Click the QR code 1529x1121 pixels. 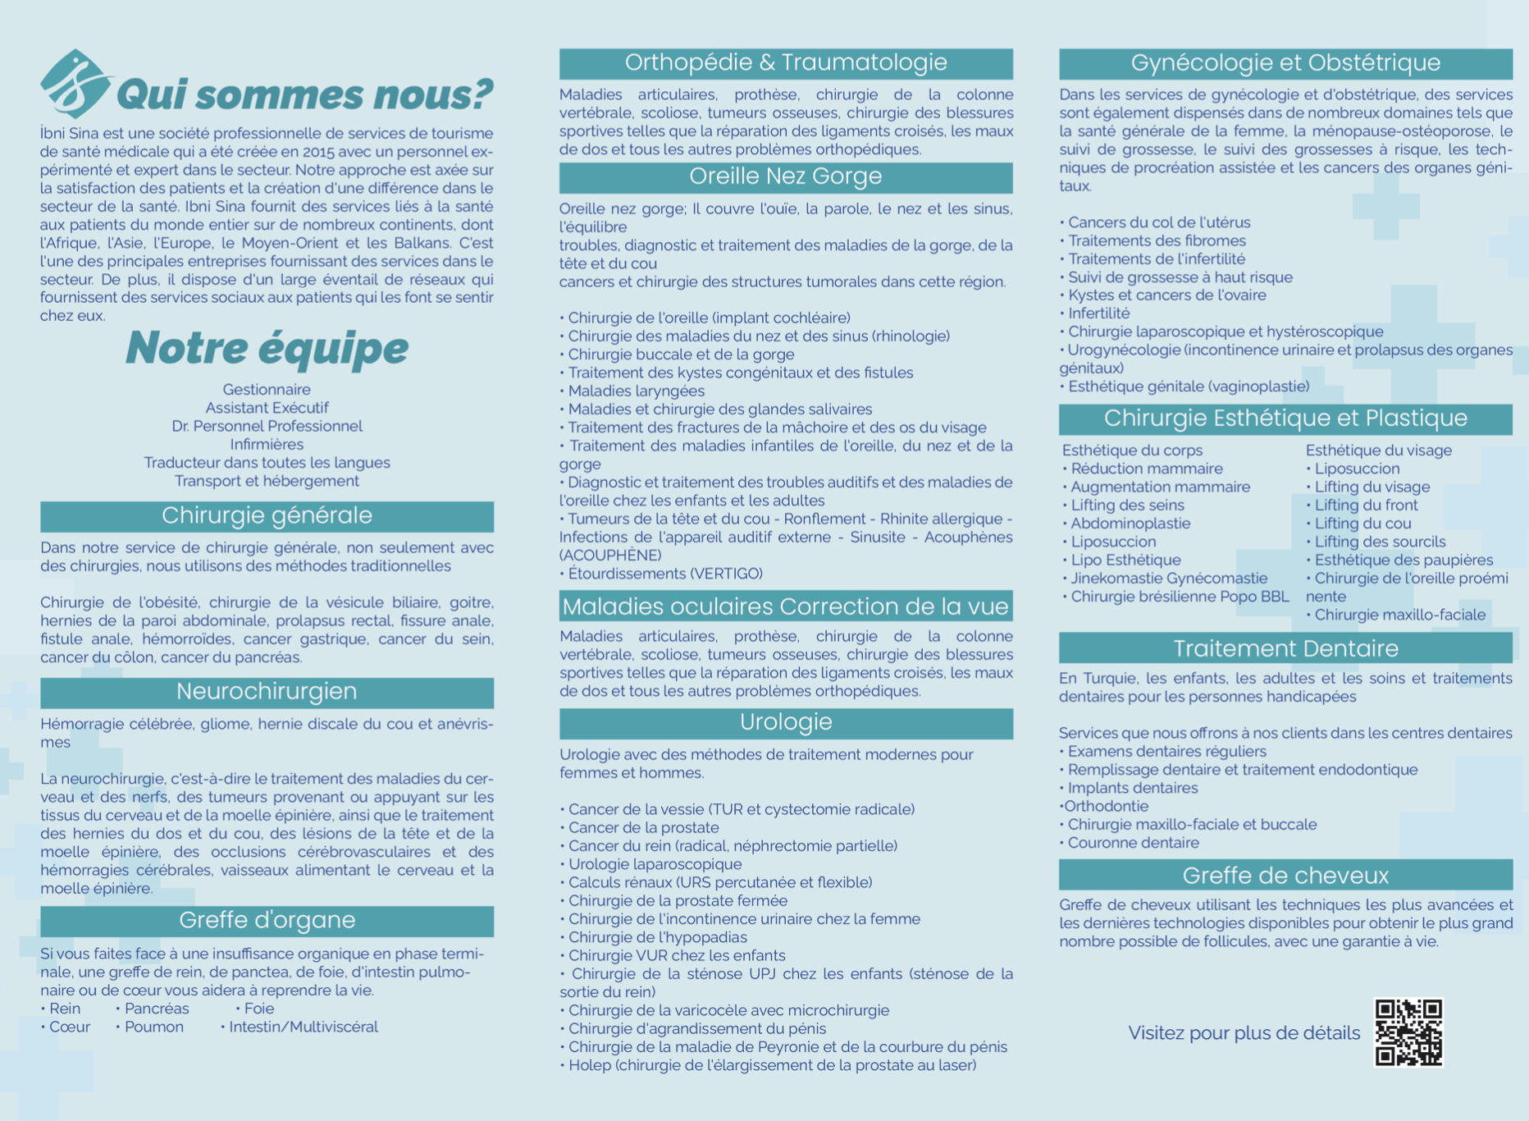pos(1408,1032)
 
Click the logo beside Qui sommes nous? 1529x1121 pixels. pos(74,84)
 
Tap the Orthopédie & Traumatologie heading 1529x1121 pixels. pos(786,63)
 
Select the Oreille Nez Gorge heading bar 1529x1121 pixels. pos(786,177)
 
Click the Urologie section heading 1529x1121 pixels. pos(786,723)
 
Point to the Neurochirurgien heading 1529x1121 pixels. pos(267,692)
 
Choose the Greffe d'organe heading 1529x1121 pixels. pos(267,921)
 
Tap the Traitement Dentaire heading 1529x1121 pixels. pos(1285,648)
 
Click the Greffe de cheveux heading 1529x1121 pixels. pos(1285,876)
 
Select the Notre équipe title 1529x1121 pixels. pos(267,348)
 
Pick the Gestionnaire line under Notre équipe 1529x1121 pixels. pos(267,390)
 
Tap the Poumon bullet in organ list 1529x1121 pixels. pos(153,1027)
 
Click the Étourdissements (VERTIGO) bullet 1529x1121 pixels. pos(664,574)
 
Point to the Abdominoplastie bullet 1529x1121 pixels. pos(1130,524)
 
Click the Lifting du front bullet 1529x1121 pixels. pos(1366,506)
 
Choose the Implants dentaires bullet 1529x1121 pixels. pos(1132,788)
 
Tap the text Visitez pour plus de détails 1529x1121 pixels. pos(1244,1033)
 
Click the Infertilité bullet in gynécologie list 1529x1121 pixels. pos(1098,313)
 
